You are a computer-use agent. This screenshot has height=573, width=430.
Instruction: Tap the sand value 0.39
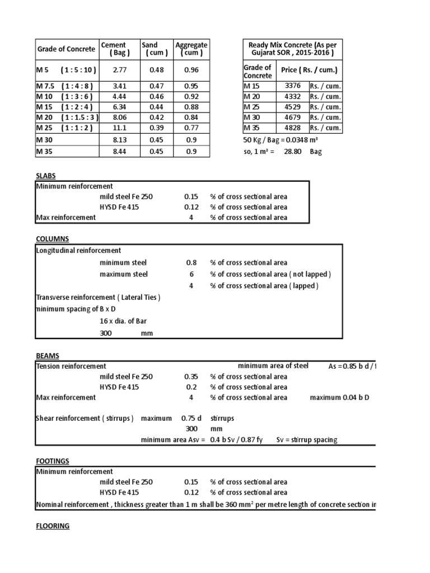point(150,128)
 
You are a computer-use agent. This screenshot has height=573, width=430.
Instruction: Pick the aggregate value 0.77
point(191,128)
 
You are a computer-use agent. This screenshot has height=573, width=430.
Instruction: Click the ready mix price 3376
point(293,86)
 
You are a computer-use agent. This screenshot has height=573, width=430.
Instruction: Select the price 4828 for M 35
point(293,128)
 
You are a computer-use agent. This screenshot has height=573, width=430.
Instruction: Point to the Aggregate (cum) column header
point(191,49)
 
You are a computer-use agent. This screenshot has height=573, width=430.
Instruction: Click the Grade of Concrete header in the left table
point(66,49)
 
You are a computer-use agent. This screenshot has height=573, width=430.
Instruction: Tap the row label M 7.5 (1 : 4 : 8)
point(65,86)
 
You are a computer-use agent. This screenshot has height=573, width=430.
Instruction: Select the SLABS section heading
point(45,175)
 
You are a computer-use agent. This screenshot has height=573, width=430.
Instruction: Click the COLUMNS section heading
point(52,239)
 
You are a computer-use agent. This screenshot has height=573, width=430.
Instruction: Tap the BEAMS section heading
point(47,356)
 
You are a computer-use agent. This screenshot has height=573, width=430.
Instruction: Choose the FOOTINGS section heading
point(52,461)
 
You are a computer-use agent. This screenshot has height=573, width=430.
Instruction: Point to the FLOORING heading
point(53,526)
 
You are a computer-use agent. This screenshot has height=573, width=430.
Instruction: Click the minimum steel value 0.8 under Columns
point(191,262)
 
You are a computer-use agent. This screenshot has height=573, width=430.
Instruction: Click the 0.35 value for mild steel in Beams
point(191,377)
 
